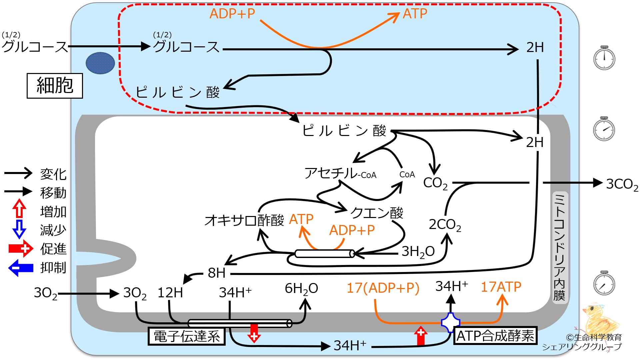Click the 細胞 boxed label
pyautogui.click(x=55, y=86)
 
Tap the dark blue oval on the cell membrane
pyautogui.click(x=100, y=63)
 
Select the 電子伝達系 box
pyautogui.click(x=187, y=336)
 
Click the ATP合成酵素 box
pyautogui.click(x=495, y=335)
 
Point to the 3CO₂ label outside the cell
pyautogui.click(x=622, y=184)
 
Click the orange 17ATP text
pyautogui.click(x=501, y=287)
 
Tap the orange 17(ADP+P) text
pyautogui.click(x=383, y=288)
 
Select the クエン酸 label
pyautogui.click(x=377, y=212)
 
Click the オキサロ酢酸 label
pyautogui.click(x=244, y=220)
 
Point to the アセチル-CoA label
pyautogui.click(x=340, y=173)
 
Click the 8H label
pyautogui.click(x=217, y=273)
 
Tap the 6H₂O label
pyautogui.click(x=301, y=289)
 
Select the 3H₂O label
pyautogui.click(x=418, y=252)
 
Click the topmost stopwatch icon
pyautogui.click(x=604, y=58)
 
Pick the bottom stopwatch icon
pyautogui.click(x=604, y=283)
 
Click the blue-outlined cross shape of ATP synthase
pyautogui.click(x=451, y=323)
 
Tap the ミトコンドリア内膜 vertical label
pyautogui.click(x=559, y=247)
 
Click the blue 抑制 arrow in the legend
pyautogui.click(x=21, y=268)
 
